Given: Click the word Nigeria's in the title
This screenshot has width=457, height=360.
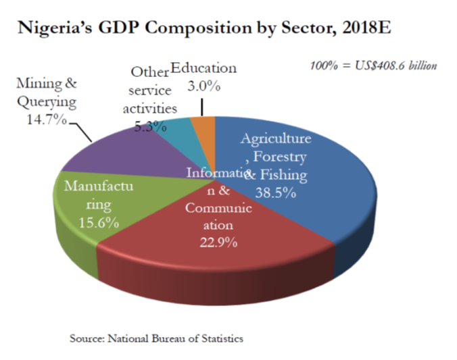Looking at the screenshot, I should tap(57, 29).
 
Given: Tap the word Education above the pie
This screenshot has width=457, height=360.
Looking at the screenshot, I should tap(203, 69).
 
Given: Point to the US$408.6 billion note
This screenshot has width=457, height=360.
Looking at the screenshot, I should tap(395, 66).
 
